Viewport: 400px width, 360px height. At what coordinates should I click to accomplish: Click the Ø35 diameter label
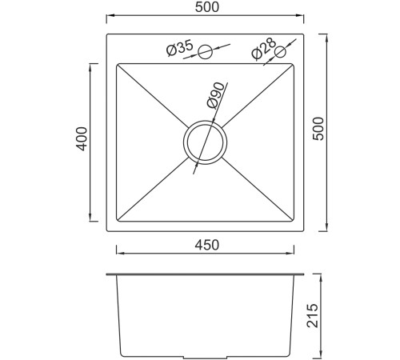pos(179,48)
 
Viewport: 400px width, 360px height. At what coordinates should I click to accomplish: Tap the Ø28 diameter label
pos(263,48)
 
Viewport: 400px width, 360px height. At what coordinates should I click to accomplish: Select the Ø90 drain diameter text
pos(215,95)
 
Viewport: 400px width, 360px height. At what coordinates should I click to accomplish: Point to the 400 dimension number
pos(82,138)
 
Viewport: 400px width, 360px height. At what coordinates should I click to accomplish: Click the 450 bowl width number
pos(207,245)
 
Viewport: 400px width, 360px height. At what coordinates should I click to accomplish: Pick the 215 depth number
pos(313,315)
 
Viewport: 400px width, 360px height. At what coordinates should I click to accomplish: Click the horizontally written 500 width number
pos(207,7)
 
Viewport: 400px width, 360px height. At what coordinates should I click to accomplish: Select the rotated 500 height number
pos(318,129)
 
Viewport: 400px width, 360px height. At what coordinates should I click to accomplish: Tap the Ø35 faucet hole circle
pos(206,52)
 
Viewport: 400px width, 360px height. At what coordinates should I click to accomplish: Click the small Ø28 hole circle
pos(280,52)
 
